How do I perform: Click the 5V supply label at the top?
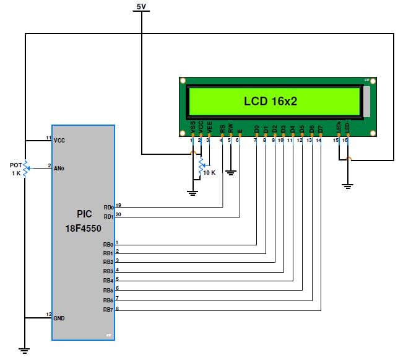(142, 6)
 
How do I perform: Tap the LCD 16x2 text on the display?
(270, 101)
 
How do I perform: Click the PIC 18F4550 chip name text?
(84, 220)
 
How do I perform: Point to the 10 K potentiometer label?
(210, 172)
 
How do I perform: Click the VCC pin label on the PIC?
(59, 140)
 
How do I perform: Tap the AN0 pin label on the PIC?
(59, 167)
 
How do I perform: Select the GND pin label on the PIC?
(59, 318)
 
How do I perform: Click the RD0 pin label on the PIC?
(108, 208)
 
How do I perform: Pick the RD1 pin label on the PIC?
(108, 217)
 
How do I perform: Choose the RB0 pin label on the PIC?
(108, 245)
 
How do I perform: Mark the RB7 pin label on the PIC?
(108, 310)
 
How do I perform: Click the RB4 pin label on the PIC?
(108, 281)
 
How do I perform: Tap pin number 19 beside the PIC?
(118, 204)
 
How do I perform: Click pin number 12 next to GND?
(48, 315)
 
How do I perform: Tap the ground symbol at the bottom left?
(25, 350)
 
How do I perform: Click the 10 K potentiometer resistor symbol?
(201, 165)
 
